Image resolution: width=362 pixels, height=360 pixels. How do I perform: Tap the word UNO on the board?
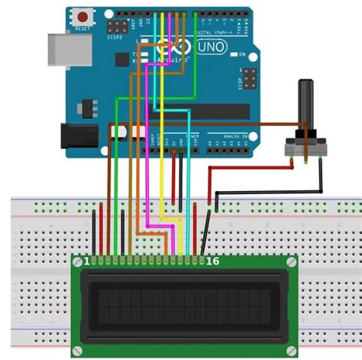212,47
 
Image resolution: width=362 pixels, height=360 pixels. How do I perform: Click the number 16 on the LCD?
212,261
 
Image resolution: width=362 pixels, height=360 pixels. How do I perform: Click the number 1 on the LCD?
86,261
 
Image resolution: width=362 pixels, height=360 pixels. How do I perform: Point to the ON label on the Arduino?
242,55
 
